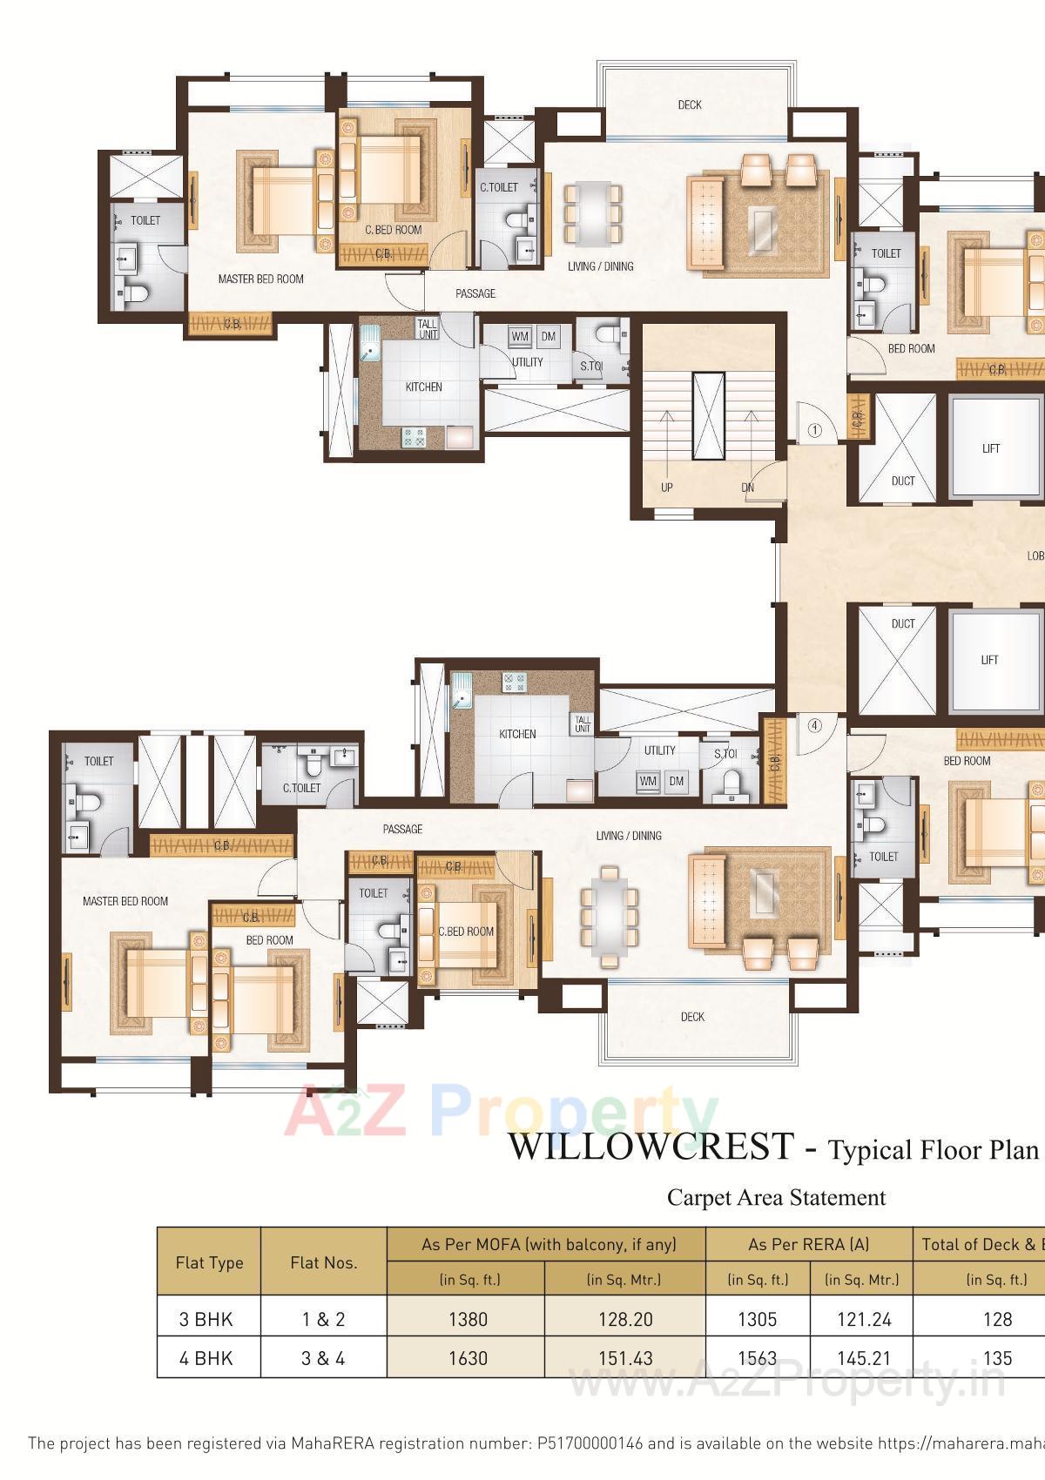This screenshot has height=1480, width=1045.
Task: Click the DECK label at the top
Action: [690, 105]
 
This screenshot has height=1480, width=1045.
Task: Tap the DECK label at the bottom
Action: [692, 1017]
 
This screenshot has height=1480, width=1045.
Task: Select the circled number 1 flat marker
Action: [815, 430]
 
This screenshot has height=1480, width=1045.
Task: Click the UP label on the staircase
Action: [666, 488]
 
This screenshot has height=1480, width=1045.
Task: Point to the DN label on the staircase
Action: [747, 488]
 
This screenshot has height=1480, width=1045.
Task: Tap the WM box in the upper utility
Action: [520, 337]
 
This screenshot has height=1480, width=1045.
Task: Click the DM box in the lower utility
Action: [677, 781]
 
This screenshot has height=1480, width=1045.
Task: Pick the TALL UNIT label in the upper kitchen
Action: [428, 329]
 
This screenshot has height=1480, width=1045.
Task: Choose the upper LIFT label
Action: [991, 448]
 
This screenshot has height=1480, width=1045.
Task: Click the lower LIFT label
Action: [990, 660]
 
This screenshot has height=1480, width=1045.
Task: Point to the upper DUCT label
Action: [903, 481]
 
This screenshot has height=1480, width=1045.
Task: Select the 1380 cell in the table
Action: [468, 1319]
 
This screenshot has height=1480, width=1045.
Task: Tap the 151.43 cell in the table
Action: [625, 1358]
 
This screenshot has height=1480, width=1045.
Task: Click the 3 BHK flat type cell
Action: [206, 1319]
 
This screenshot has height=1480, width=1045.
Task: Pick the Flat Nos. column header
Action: [323, 1262]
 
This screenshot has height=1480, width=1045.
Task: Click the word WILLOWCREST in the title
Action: [651, 1147]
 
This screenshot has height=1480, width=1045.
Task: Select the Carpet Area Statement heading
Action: [776, 1198]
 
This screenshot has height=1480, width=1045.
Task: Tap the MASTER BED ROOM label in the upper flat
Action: [260, 279]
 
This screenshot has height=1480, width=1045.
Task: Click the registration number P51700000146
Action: [590, 1443]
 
